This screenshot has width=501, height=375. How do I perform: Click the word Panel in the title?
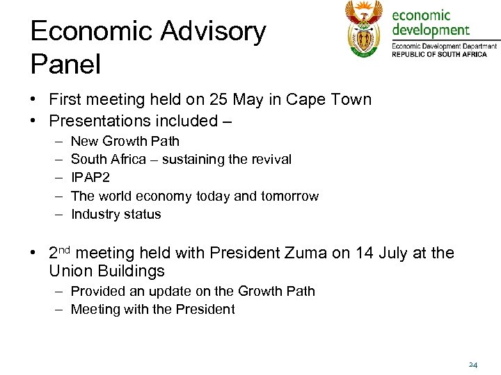coord(66,65)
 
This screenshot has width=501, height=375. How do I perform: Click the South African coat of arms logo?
coord(364,29)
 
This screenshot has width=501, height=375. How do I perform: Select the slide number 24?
coord(473,364)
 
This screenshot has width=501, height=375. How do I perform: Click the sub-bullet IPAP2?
coord(90,178)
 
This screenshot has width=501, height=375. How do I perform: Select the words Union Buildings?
coord(107,271)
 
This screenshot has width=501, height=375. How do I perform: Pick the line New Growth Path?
coord(125,141)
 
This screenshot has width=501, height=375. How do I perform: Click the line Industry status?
coord(116,214)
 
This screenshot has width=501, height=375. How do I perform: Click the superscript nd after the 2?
coord(65,249)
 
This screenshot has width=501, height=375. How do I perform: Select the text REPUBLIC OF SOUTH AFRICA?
coord(439,54)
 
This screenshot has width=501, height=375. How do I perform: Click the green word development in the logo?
coord(431,30)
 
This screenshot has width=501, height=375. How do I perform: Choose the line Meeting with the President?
coord(153,309)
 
